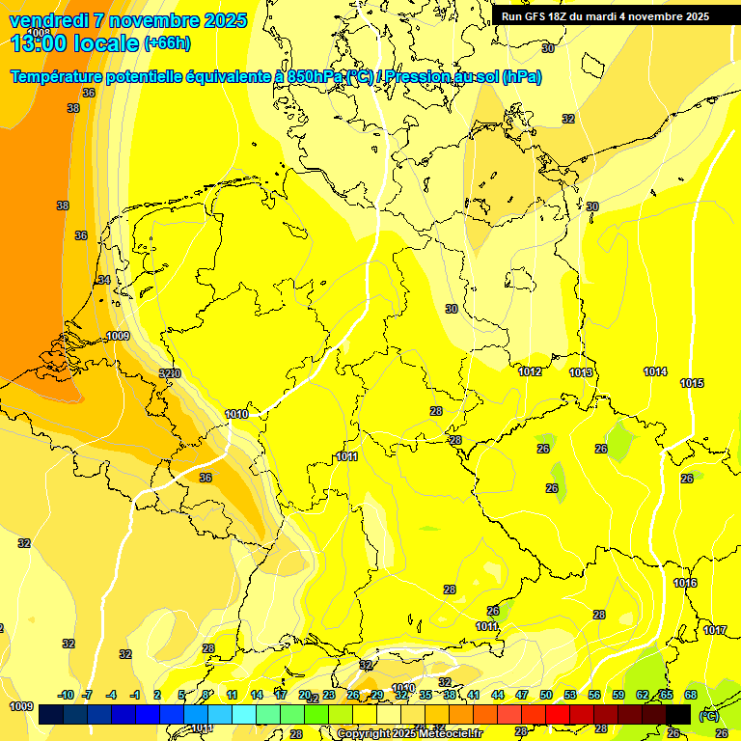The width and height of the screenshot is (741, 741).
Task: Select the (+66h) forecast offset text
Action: coord(166,43)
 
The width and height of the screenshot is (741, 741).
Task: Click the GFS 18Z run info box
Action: coord(605,15)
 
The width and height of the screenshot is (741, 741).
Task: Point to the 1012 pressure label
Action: coord(530,372)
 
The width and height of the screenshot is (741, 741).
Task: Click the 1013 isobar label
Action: coord(581,372)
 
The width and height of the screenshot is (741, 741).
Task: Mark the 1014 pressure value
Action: coord(655,371)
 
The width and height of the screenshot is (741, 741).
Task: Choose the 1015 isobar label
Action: coord(692,383)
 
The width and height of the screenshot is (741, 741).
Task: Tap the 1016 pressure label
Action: coord(685,583)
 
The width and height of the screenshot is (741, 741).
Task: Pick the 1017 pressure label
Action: coord(715,630)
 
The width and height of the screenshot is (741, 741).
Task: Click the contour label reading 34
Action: coord(104,280)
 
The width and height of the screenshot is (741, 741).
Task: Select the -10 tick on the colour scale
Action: coord(66,695)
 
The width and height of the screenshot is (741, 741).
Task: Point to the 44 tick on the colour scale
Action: coord(498,695)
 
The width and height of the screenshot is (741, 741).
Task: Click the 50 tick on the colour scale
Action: coord(546,695)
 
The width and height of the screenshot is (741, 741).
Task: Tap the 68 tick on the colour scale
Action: coord(691,695)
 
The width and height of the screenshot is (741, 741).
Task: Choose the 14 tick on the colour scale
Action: coord(257,695)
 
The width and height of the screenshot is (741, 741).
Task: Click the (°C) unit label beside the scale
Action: coord(708,715)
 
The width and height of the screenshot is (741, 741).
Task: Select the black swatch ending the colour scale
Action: coord(678,714)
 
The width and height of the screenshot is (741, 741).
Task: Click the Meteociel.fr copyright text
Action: coord(409,733)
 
